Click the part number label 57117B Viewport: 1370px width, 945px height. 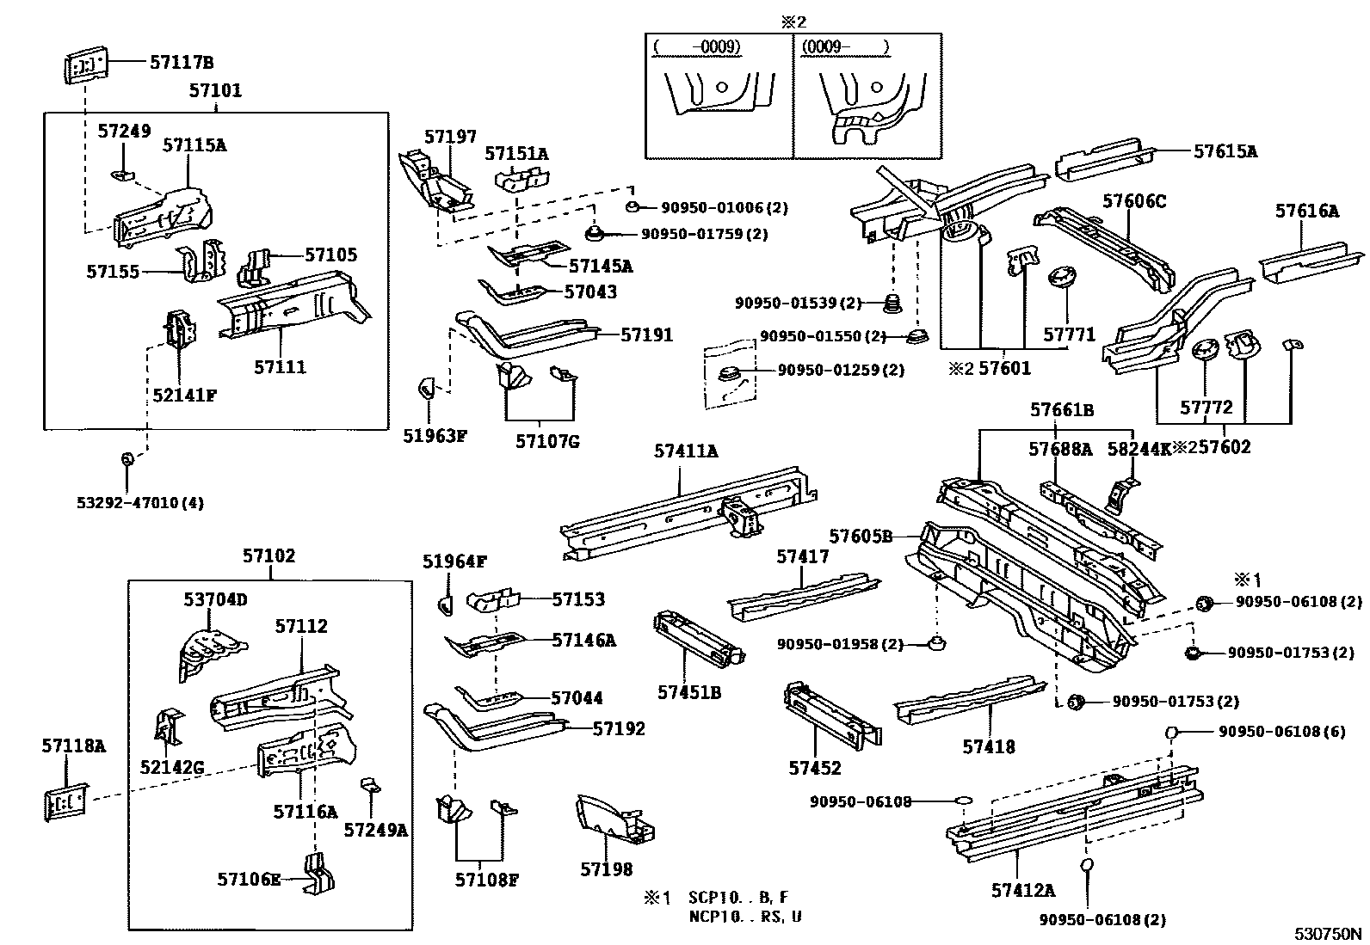[x=181, y=62]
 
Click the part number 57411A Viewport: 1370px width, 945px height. [x=686, y=450]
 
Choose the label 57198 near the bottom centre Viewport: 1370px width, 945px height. [x=606, y=870]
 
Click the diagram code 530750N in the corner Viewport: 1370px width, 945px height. [x=1330, y=933]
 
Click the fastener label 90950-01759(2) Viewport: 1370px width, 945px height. [x=704, y=234]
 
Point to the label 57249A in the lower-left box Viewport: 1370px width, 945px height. [x=375, y=829]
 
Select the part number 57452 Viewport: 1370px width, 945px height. [x=815, y=768]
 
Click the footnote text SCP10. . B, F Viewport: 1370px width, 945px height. [x=737, y=899]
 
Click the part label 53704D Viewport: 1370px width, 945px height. [x=215, y=599]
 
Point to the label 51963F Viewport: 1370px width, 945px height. [x=435, y=436]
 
